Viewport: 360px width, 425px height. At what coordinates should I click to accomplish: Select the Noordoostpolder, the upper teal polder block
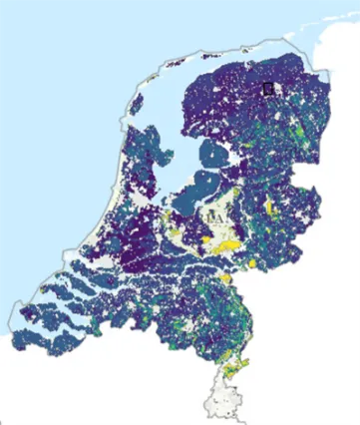pyautogui.click(x=215, y=155)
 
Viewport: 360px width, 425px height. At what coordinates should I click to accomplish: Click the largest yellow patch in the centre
pyautogui.click(x=224, y=243)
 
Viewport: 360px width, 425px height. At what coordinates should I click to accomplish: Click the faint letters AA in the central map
pyautogui.click(x=213, y=213)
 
